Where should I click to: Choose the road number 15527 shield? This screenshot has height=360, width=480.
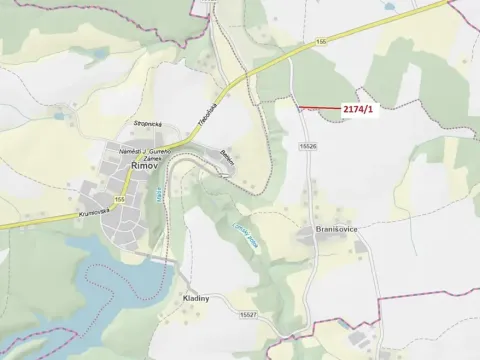pyautogui.click(x=248, y=315)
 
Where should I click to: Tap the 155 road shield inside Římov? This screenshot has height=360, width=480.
pyautogui.click(x=119, y=200)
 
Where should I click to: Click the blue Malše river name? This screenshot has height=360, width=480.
pyautogui.click(x=160, y=204)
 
